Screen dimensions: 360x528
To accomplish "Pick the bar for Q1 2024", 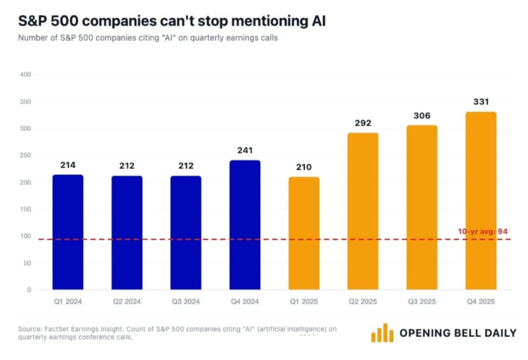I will pos(68,232).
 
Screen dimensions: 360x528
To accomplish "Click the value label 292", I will pos(363,123).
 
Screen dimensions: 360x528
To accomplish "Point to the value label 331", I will pos(481,102).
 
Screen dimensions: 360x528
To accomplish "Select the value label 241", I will pos(245,151).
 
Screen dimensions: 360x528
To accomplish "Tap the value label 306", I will pos(422,116).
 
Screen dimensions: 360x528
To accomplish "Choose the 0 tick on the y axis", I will pos(29,290).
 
